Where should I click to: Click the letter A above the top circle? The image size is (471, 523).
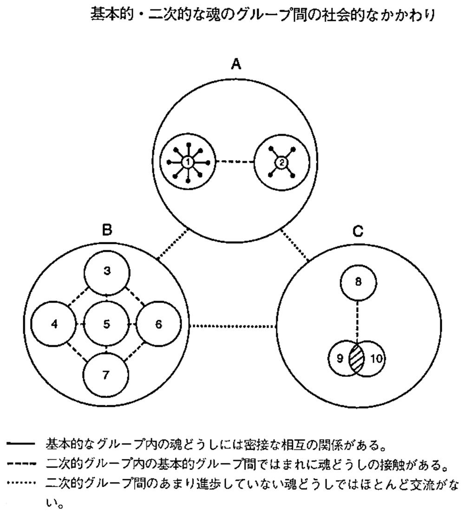(236, 64)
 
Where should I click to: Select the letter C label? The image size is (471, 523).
(358, 231)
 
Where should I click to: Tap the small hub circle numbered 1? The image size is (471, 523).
(188, 162)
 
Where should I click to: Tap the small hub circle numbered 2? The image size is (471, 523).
(281, 162)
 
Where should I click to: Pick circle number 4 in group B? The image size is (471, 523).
(55, 325)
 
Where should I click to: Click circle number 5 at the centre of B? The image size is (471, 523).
(107, 325)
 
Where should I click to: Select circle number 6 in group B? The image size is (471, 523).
(158, 325)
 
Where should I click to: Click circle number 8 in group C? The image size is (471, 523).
(358, 282)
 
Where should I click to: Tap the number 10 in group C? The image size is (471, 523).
(376, 359)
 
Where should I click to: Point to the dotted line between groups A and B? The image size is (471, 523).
(174, 243)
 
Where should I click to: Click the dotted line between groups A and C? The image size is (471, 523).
(294, 244)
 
